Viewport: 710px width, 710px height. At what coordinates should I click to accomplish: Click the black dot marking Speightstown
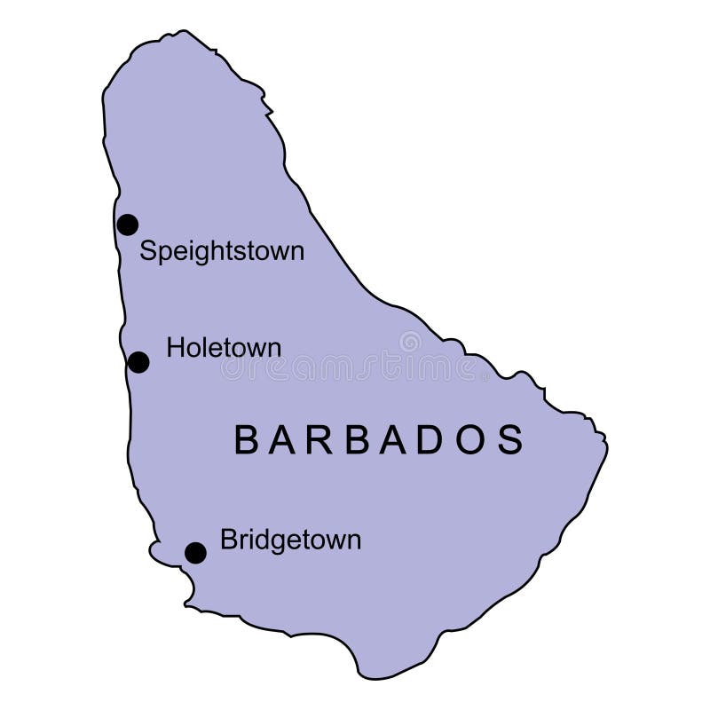[128, 225]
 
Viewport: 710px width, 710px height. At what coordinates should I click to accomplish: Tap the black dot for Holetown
[138, 362]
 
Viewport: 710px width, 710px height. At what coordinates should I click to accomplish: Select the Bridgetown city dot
[195, 553]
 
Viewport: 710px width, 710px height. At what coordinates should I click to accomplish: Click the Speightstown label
[222, 252]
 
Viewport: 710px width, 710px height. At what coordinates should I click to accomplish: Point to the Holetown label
[224, 348]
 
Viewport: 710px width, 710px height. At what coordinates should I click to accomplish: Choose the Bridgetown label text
[290, 540]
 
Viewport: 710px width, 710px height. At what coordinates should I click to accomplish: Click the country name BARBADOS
[379, 440]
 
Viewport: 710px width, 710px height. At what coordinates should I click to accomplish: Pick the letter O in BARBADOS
[471, 440]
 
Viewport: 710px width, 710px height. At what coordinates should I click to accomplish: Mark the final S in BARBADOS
[511, 440]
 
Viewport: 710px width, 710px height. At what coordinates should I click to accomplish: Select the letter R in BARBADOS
[316, 440]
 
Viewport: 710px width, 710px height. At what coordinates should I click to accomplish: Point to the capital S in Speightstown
[148, 251]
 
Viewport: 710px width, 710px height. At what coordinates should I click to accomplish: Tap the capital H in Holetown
[175, 348]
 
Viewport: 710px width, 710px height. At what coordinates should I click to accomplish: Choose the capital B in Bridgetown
[228, 540]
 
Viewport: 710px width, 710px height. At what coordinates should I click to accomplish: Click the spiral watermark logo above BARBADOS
[410, 342]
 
